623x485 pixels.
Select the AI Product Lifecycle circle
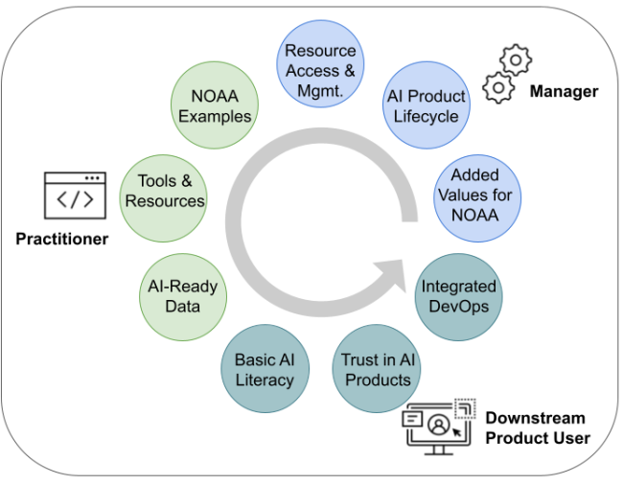426,106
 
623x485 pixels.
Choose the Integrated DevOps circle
459,296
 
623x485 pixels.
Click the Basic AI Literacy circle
265,370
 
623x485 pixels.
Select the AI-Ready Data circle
182,296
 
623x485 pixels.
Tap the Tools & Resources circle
164,192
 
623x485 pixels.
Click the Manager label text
564,92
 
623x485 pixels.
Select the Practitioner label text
61,239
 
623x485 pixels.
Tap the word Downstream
533,418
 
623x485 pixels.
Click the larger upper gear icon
516,59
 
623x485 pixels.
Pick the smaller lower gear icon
498,88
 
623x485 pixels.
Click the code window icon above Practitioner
75,196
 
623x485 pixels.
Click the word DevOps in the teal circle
459,307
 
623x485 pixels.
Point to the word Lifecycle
426,117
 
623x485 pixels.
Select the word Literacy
265,381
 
